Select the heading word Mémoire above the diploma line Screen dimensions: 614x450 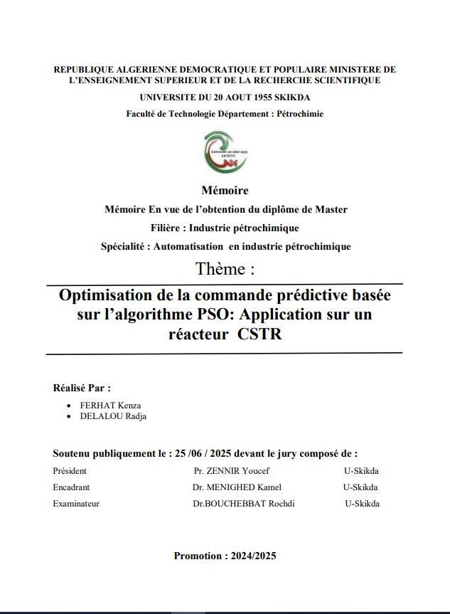coord(225,191)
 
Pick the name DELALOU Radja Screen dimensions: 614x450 coord(112,416)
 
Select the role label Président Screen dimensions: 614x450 coord(70,471)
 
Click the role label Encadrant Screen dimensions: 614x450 coord(71,487)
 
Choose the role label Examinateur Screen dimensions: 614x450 coord(76,504)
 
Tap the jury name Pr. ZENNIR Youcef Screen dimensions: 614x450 coord(231,471)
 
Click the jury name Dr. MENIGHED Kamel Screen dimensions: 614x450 coord(237,487)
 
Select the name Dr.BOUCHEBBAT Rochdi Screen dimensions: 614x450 coord(243,504)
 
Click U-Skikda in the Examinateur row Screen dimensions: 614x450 coord(362,504)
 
